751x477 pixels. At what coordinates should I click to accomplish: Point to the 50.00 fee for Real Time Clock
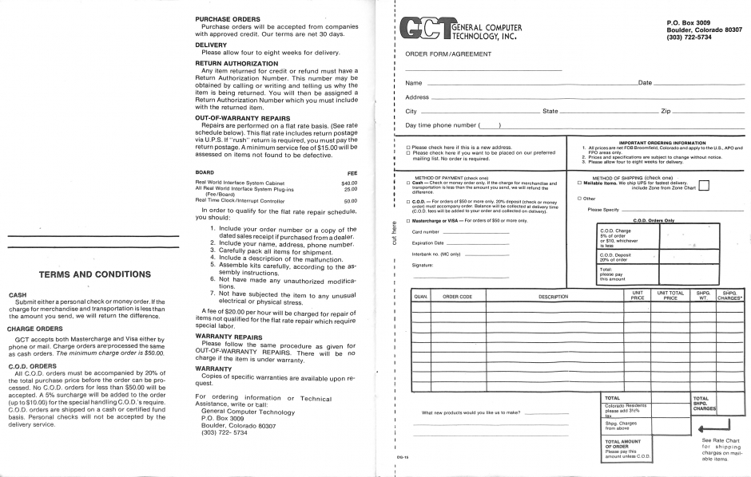coord(350,201)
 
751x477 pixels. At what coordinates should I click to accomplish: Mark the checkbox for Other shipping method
coord(579,198)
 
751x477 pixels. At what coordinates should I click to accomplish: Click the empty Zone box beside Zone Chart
coord(704,187)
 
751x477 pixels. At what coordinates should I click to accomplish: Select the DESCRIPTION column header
coord(552,297)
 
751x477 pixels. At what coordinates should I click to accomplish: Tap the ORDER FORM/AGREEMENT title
coord(447,54)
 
